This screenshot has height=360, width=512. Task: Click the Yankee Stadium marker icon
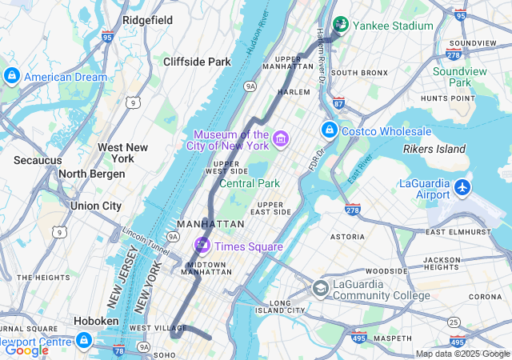pos(341,25)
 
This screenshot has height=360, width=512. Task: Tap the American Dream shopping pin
pos(11,76)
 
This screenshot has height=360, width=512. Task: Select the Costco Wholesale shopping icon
pos(329,130)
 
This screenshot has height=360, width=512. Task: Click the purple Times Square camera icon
pos(202,245)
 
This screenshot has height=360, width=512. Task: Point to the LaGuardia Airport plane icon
pos(462,187)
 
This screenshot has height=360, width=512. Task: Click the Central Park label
pos(249,183)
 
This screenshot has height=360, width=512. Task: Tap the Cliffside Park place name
pos(197,62)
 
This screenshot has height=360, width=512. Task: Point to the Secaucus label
pos(38,160)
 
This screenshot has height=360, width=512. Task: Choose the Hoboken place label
pos(96,321)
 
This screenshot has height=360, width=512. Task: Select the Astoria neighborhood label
pos(348,237)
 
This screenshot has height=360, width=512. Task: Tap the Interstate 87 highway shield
pos(338,103)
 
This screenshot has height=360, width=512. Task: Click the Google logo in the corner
pos(26,350)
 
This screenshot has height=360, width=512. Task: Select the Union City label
pos(96,206)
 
